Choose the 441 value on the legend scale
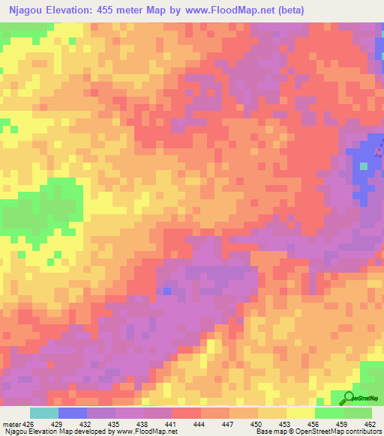pyautogui.click(x=172, y=423)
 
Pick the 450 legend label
pyautogui.click(x=257, y=423)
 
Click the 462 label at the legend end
pyautogui.click(x=370, y=423)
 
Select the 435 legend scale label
pyautogui.click(x=115, y=423)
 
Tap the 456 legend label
pyautogui.click(x=314, y=423)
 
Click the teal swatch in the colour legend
pyautogui.click(x=44, y=413)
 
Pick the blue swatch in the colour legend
pyautogui.click(x=73, y=413)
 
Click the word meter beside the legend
pyautogui.click(x=10, y=423)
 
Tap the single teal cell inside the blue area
pyautogui.click(x=364, y=166)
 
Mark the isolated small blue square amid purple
pyautogui.click(x=166, y=291)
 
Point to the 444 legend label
pyautogui.click(x=200, y=423)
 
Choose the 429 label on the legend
pyautogui.click(x=58, y=423)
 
